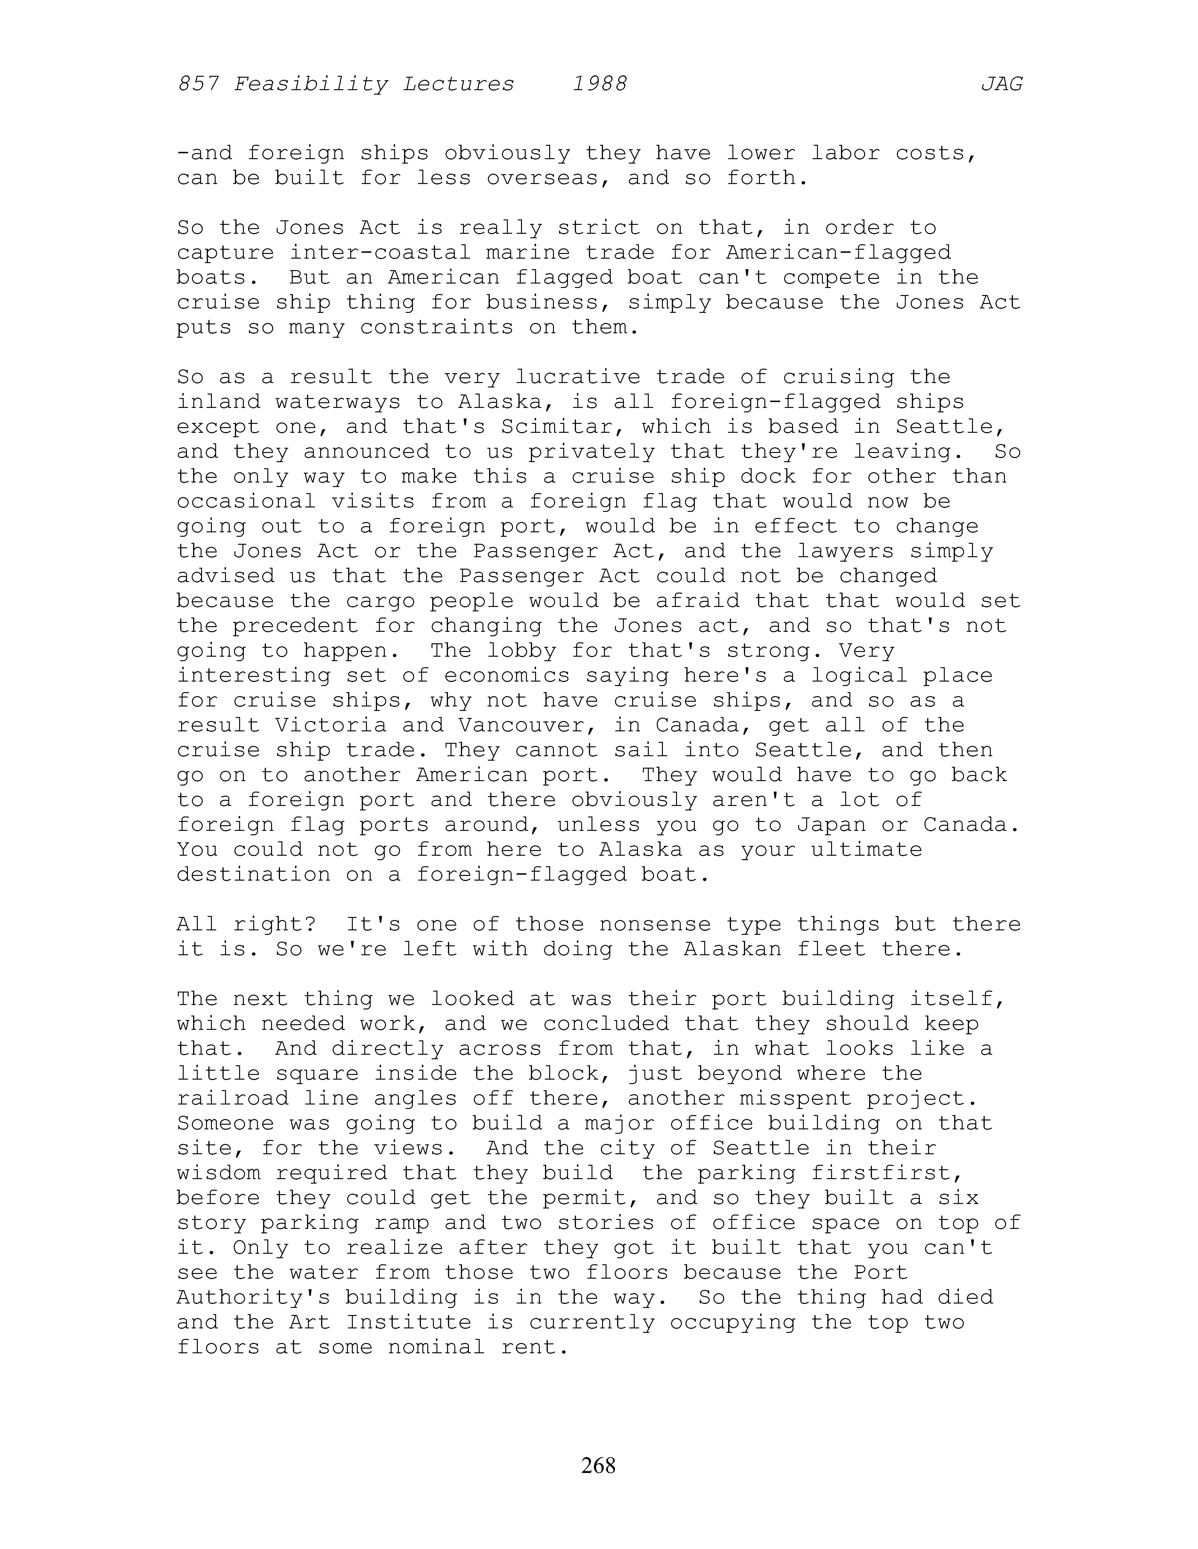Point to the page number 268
598,1465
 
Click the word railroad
233,1098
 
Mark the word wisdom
219,1172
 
